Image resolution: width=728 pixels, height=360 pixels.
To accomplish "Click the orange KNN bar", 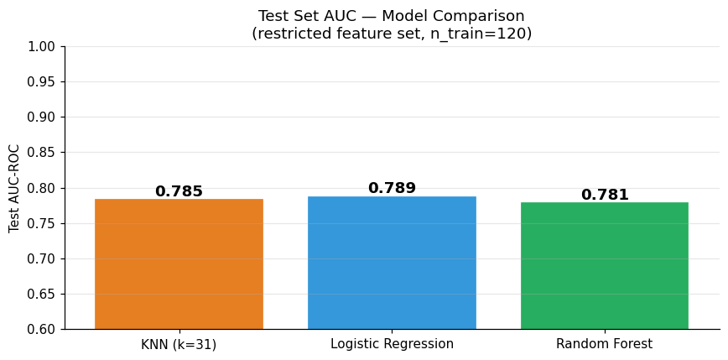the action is click(x=179, y=263).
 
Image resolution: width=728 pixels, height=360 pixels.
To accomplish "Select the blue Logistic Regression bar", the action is click(x=392, y=263).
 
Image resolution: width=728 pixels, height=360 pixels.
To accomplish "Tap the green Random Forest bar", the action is click(x=605, y=266).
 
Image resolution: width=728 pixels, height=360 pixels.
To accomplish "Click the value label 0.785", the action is click(x=179, y=191).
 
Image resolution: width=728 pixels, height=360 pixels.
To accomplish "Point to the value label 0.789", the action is click(x=392, y=188).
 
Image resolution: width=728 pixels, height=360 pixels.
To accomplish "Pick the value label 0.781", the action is click(x=605, y=194).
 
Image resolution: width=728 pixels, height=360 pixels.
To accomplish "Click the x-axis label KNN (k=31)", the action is click(x=179, y=344).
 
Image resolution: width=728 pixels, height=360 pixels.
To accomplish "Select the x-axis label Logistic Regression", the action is click(x=392, y=344).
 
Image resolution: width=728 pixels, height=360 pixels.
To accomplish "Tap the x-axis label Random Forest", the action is click(x=605, y=344).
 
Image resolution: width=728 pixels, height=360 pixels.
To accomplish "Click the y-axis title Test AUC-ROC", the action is click(x=14, y=188).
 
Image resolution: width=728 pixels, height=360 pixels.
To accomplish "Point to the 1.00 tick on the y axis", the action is click(x=42, y=47).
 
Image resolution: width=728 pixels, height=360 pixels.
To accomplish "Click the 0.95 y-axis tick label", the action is click(x=42, y=82).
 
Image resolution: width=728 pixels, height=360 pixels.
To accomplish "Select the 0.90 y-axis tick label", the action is click(x=42, y=117).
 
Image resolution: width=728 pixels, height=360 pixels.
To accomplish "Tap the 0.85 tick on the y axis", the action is click(x=42, y=153).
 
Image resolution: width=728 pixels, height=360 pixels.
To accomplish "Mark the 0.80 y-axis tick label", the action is click(x=42, y=188).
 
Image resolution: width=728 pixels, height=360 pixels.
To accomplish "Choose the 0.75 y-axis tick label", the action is click(x=42, y=223).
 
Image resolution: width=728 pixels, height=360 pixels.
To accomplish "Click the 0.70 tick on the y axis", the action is click(x=42, y=258).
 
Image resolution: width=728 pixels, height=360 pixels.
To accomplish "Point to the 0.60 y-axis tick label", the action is click(x=42, y=329).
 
